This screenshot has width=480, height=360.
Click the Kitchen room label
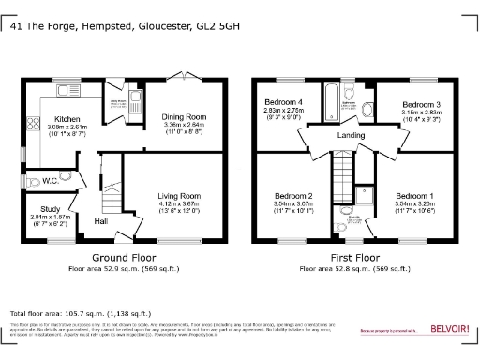coord(67,119)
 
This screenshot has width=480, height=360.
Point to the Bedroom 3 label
coord(421,104)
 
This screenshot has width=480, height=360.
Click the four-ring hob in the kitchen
coord(32,123)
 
